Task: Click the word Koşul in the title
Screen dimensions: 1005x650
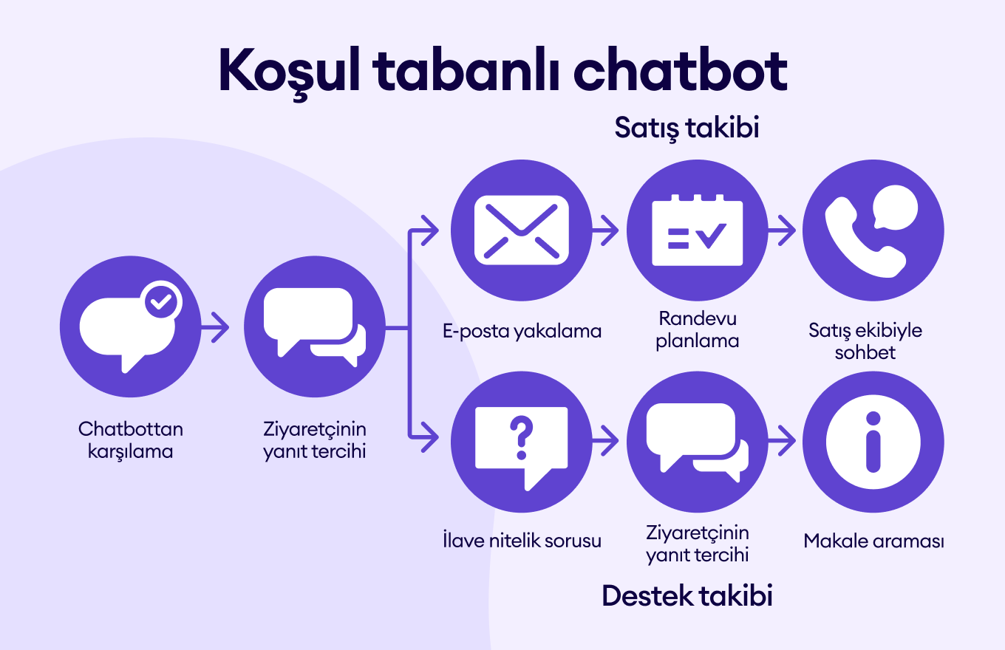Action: (x=289, y=72)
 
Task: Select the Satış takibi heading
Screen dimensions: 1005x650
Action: (x=687, y=128)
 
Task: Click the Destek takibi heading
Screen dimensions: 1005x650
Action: (x=687, y=595)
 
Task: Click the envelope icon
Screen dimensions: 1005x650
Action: (x=522, y=230)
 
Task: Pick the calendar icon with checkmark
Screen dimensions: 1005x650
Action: (x=698, y=230)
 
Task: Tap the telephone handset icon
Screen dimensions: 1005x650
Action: (x=865, y=237)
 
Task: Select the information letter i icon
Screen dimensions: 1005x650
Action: (x=873, y=442)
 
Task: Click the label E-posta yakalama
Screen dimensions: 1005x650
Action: (x=522, y=332)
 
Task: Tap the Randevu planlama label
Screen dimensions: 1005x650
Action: (x=698, y=329)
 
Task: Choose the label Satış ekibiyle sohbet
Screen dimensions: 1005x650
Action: (x=865, y=341)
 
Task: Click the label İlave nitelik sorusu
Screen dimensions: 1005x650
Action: (x=522, y=540)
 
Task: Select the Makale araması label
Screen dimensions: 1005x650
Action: (x=873, y=541)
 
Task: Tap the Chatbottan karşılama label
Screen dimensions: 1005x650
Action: (x=131, y=440)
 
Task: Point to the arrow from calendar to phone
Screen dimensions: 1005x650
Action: (x=782, y=230)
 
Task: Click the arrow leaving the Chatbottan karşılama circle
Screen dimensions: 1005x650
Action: (x=215, y=327)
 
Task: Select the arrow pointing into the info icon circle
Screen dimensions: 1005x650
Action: (x=782, y=441)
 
